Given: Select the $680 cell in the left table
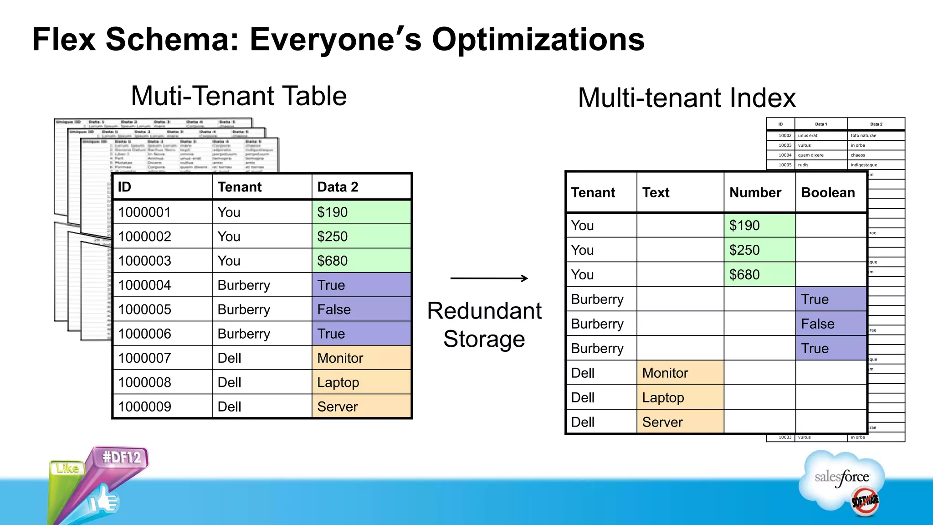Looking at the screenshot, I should tap(361, 261).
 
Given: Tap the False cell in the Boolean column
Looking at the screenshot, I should tap(830, 324).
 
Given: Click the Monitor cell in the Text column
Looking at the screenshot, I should tap(680, 373).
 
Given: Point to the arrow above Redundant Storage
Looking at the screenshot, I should tap(489, 278).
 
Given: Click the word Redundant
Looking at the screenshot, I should tap(484, 311).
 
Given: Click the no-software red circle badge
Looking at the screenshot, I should tap(865, 501).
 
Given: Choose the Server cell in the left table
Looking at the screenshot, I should tap(361, 407).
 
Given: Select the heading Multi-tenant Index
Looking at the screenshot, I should tap(687, 98).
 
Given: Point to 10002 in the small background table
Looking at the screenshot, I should tap(784, 135).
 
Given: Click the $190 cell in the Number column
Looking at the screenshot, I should tap(759, 225).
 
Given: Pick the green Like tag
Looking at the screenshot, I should tap(67, 468).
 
